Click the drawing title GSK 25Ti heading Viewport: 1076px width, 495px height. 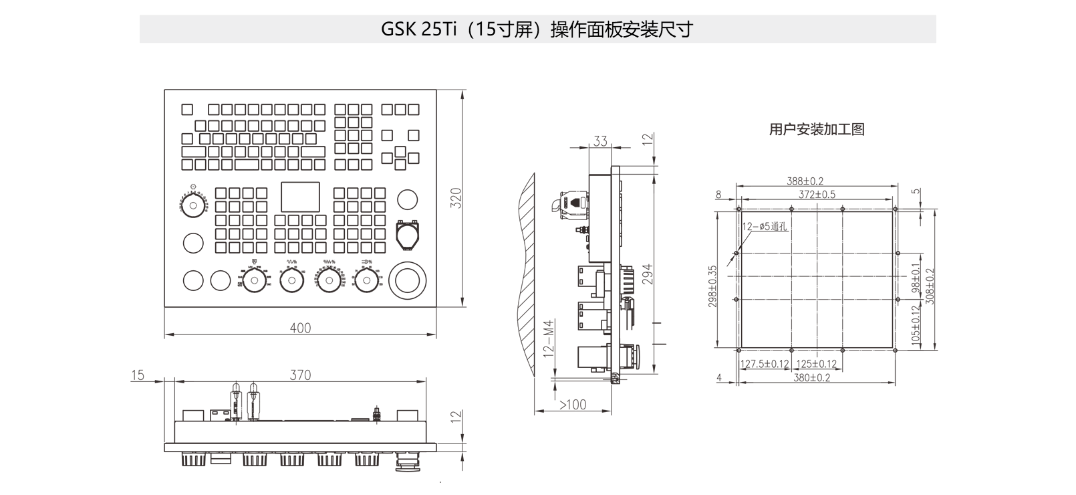pyautogui.click(x=537, y=29)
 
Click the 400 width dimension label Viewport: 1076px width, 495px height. pyautogui.click(x=300, y=328)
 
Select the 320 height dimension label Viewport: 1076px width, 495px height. pyautogui.click(x=456, y=198)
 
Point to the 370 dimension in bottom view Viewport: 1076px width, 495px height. pyautogui.click(x=300, y=375)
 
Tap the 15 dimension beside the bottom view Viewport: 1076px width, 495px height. pyautogui.click(x=138, y=375)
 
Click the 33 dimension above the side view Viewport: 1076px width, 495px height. pyautogui.click(x=600, y=141)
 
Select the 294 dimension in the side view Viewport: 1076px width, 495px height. pyautogui.click(x=647, y=275)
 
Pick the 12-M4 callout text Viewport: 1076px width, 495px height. pyautogui.click(x=549, y=340)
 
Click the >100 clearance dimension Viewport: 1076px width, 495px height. pyautogui.click(x=572, y=405)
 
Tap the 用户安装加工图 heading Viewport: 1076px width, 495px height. pyautogui.click(x=817, y=129)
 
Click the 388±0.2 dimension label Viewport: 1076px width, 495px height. pyautogui.click(x=805, y=181)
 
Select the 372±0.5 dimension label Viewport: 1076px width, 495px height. pyautogui.click(x=817, y=194)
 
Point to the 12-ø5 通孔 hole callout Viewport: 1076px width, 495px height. pyautogui.click(x=765, y=227)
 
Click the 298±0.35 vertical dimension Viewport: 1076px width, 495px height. pyautogui.click(x=712, y=286)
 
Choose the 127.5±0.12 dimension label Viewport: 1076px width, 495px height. pyautogui.click(x=765, y=365)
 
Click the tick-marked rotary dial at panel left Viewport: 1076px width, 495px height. pyautogui.click(x=193, y=204)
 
